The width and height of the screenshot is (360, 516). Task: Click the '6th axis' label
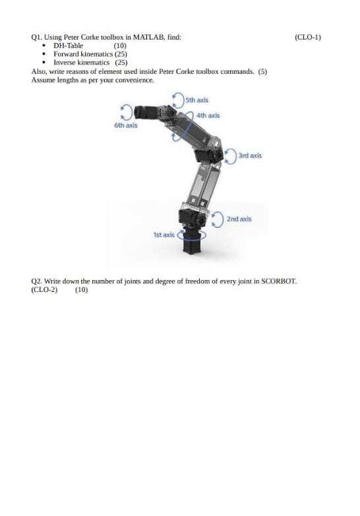[x=126, y=125]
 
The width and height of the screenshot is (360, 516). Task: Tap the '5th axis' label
[x=196, y=100]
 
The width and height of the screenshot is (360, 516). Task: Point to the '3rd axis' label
[x=250, y=156]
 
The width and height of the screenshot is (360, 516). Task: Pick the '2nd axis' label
[x=239, y=218]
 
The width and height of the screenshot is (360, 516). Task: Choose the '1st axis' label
[x=164, y=234]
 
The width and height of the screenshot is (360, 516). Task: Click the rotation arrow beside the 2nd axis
[x=218, y=218]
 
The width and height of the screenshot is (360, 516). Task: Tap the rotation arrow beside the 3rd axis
[x=230, y=156]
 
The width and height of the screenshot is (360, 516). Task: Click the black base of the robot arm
[x=193, y=244]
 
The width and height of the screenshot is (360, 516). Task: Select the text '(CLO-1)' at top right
[x=308, y=38]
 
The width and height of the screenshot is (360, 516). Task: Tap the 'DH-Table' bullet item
[x=68, y=46]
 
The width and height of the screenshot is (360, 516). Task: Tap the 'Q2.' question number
[x=37, y=281]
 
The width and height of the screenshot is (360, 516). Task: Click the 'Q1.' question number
[x=37, y=38]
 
